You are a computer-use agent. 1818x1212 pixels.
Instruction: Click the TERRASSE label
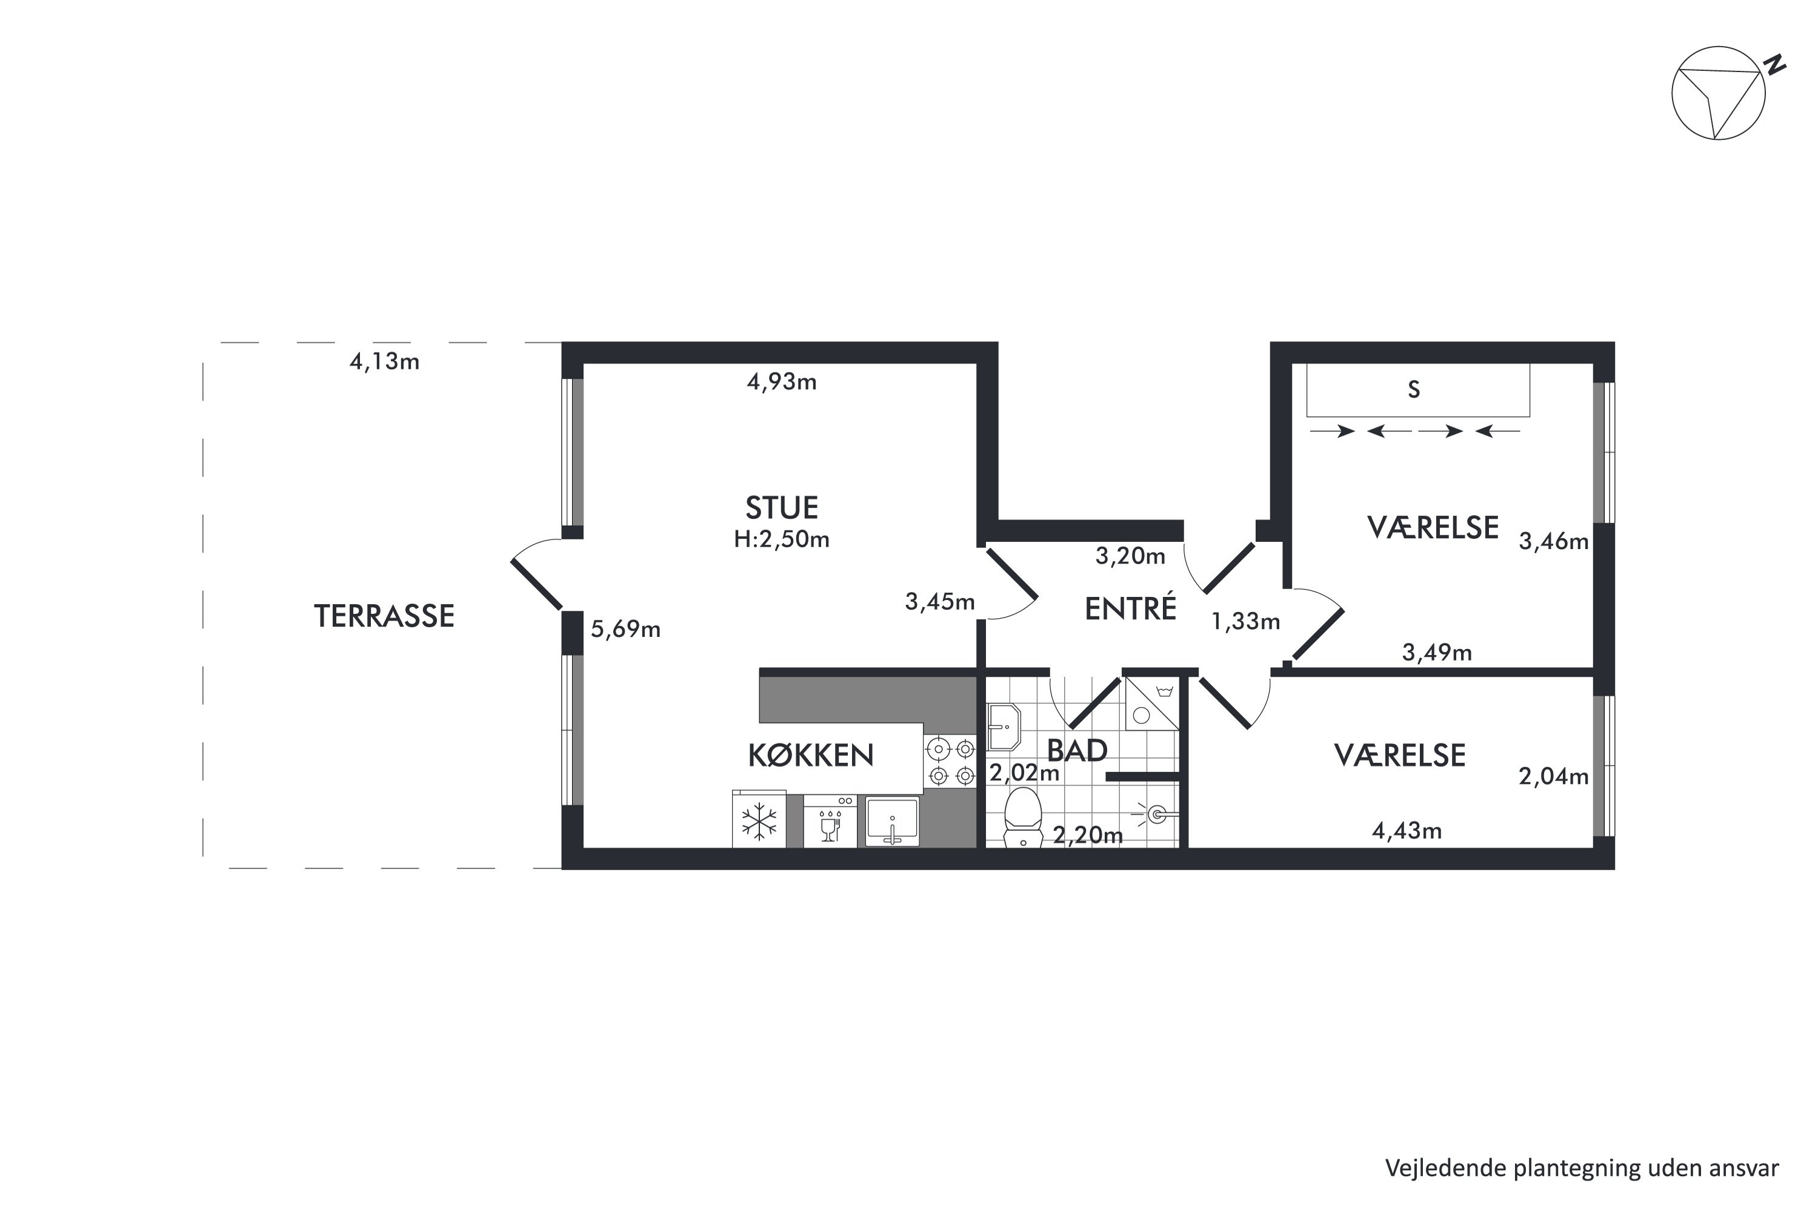coord(384,616)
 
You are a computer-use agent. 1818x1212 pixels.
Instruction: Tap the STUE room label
coord(782,508)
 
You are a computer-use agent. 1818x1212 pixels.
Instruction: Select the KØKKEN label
coord(811,755)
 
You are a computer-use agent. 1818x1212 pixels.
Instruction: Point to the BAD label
coord(1077,751)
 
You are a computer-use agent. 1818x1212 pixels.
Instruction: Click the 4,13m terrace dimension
coord(384,362)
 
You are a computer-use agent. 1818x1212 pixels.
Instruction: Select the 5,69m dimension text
coord(625,629)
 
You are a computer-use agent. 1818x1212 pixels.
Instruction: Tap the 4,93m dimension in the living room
coord(782,382)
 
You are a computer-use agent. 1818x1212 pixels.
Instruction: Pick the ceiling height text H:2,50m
coord(782,539)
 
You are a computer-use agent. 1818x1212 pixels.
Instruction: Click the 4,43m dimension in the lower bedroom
coord(1407,831)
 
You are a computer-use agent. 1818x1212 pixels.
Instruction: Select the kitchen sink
coord(892,822)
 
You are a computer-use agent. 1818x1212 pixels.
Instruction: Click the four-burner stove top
coord(951,761)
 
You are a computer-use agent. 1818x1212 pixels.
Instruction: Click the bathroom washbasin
coord(1004,727)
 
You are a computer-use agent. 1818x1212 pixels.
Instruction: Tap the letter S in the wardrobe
coord(1414,390)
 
